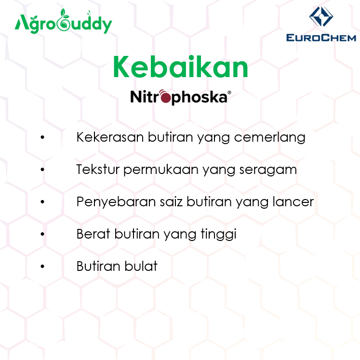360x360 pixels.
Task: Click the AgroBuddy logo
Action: pos(63,24)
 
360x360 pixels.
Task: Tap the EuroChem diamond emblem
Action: pos(321,17)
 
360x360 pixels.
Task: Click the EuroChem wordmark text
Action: pos(321,38)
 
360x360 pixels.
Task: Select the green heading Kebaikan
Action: pos(180,67)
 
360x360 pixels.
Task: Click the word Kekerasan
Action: pos(103,137)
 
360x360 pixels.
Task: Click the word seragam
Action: pos(272,170)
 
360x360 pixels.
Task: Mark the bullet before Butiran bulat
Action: pos(43,267)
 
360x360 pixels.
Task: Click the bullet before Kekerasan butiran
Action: pos(43,138)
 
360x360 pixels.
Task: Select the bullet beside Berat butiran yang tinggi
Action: pos(43,235)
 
